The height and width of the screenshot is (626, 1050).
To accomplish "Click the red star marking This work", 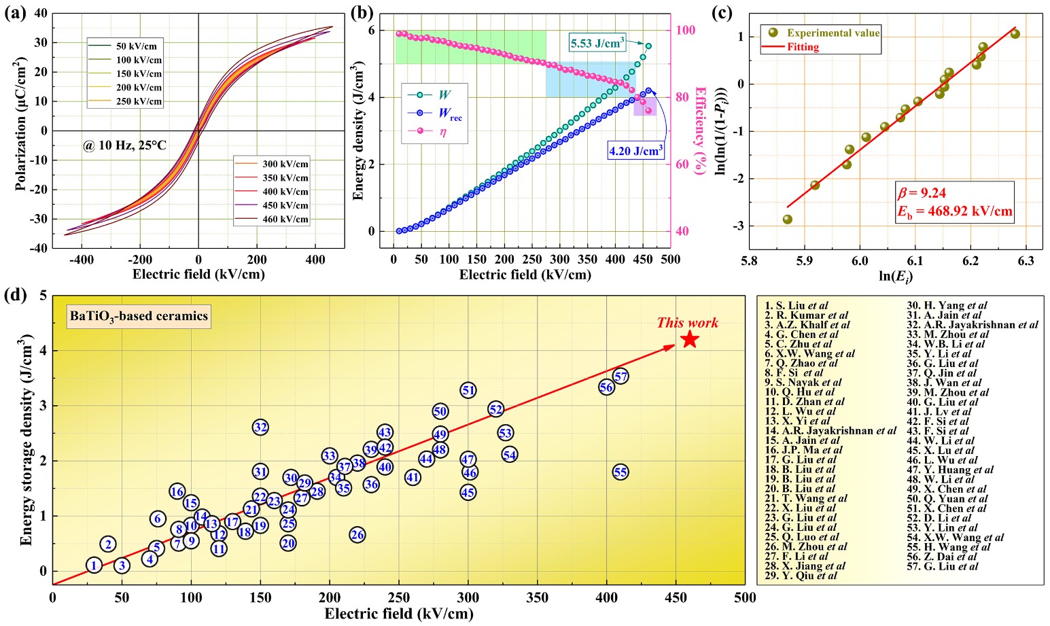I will click(x=690, y=339).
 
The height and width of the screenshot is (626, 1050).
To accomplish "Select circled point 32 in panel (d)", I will click(x=260, y=427).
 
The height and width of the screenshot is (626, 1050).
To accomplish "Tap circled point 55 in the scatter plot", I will click(x=620, y=472).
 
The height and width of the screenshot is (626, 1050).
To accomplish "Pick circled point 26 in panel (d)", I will click(x=357, y=535).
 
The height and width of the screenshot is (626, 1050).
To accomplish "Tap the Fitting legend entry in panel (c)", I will click(x=803, y=47).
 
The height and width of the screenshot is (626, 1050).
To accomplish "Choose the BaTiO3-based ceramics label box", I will click(x=139, y=316).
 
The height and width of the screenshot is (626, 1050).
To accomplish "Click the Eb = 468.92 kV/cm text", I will click(x=954, y=211).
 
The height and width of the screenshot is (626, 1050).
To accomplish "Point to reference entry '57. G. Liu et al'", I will click(x=951, y=566).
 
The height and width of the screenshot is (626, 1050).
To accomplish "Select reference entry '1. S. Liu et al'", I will click(x=796, y=306).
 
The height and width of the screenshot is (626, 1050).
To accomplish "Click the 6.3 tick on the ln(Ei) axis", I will click(x=1026, y=260).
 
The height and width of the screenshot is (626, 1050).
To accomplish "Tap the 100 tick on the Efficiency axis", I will click(x=686, y=30).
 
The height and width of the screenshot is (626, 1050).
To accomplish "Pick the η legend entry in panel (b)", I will click(x=442, y=133).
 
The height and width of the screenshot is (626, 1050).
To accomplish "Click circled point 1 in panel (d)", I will click(x=94, y=565).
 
